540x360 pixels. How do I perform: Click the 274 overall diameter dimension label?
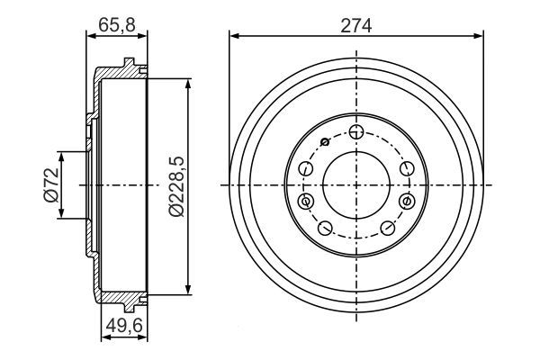(x=356, y=26)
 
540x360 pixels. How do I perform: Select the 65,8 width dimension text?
(x=117, y=25)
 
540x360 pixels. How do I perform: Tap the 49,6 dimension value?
(x=124, y=326)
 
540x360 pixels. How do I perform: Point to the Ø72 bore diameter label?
(x=50, y=185)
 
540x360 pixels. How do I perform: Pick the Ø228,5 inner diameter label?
(x=176, y=186)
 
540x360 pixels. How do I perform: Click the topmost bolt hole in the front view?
(x=356, y=132)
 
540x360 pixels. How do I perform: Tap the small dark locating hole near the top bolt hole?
(x=325, y=141)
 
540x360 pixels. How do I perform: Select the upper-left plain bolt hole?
(x=305, y=168)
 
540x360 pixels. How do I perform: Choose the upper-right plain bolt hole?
(x=407, y=168)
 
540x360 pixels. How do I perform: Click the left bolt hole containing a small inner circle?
(x=305, y=201)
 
